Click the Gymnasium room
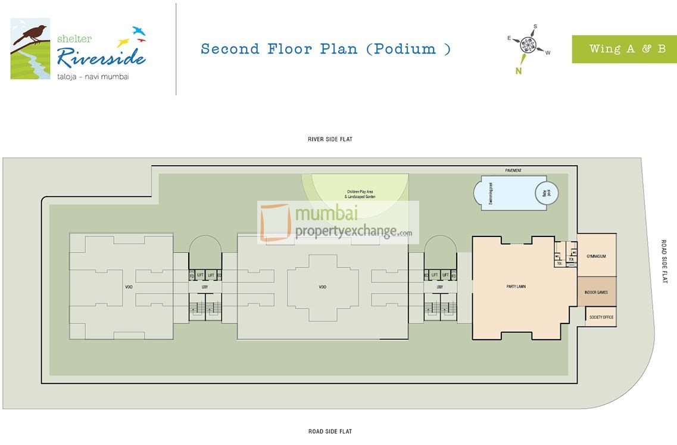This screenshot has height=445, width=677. point(596,256)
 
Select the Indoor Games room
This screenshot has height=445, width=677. point(596,292)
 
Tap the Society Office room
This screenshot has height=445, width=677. point(601,317)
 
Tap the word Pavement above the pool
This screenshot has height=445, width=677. point(513,171)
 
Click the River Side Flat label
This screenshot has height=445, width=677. point(330,139)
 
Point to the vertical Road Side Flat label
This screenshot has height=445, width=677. point(664,262)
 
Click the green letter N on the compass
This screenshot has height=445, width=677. point(519,71)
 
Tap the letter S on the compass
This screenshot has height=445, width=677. point(535,27)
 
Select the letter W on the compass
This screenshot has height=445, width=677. point(548,53)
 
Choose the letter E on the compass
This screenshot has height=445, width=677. point(509,38)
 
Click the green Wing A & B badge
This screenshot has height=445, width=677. point(624,49)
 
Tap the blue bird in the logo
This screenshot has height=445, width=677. point(139,30)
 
